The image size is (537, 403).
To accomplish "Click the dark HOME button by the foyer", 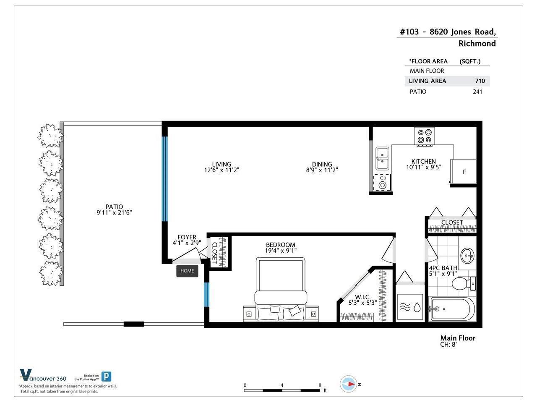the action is point(187,271).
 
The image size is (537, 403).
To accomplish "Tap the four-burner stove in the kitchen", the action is point(424,136).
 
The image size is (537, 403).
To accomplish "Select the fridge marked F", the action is point(463,172).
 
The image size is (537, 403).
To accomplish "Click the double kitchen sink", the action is point(382,158).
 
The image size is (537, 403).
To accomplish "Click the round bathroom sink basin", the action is point(467,256).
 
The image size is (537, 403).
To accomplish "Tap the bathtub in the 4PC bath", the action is point(453,309).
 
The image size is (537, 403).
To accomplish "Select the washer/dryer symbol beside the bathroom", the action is point(410,307).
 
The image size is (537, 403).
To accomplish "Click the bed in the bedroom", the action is point(281,289).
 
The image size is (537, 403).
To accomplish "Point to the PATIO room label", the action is point(114,207).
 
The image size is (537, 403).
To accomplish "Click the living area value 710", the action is point(480,81).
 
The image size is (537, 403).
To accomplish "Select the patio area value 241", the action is point(477,92).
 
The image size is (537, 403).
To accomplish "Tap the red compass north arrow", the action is point(352,384).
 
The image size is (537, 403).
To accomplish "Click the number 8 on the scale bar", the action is point(320,385).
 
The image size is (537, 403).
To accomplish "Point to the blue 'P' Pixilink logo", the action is point(106,377).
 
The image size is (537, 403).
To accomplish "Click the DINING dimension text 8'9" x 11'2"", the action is point(322,170).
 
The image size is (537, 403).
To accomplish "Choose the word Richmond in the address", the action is point(477,44).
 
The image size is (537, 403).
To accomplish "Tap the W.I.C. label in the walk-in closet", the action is point(362,297).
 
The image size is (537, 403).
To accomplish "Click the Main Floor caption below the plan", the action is point(458,338).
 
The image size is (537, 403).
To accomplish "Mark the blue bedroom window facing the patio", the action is point(207,295).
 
